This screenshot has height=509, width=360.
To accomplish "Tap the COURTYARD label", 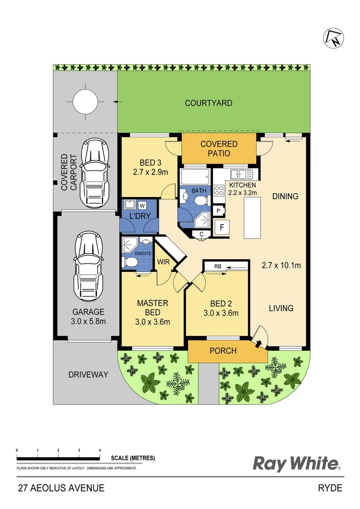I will [208, 103].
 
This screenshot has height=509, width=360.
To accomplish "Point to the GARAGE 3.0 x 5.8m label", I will [88, 316].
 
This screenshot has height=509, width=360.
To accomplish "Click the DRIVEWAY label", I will [88, 375].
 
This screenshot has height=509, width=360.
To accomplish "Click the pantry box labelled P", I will [219, 211].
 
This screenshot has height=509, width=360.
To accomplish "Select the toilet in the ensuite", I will [128, 262].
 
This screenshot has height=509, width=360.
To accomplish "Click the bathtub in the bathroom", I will [194, 177].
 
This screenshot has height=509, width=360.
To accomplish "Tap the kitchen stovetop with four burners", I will [220, 190].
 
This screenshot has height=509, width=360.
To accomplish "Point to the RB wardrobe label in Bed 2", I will [218, 267].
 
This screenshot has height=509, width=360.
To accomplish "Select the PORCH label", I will [223, 351].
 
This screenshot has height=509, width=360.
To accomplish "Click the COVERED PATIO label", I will [219, 148].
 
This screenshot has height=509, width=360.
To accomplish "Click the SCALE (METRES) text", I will [133, 458].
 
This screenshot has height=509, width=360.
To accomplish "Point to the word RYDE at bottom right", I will [330, 488].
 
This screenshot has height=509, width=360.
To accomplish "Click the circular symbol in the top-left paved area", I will [85, 100].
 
